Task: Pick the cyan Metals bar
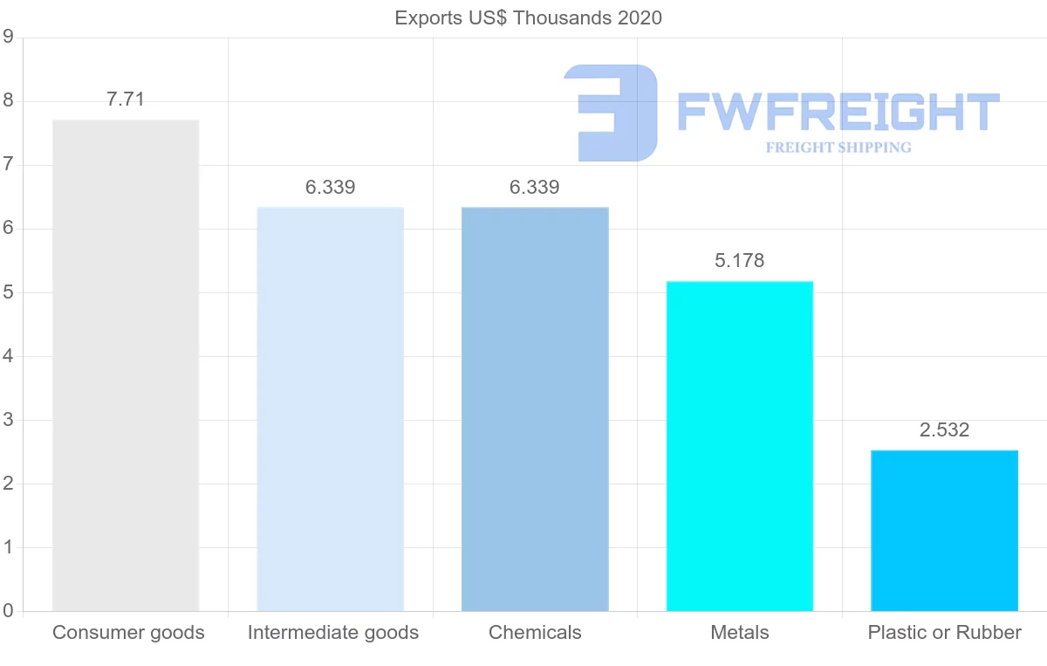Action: (x=739, y=445)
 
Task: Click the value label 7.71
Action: (x=126, y=100)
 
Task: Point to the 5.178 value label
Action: (x=739, y=261)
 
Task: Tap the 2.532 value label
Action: (x=944, y=430)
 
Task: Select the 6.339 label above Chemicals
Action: (x=535, y=188)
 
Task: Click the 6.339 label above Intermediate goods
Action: (x=331, y=188)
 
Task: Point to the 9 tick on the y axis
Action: (x=8, y=38)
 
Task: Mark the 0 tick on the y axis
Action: (x=8, y=611)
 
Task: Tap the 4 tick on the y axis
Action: (x=8, y=356)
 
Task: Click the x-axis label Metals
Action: (x=739, y=633)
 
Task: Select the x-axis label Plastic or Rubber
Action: (x=944, y=633)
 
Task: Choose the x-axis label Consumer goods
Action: (x=128, y=633)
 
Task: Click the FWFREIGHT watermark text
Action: (x=838, y=113)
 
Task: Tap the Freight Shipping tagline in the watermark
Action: (x=838, y=148)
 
